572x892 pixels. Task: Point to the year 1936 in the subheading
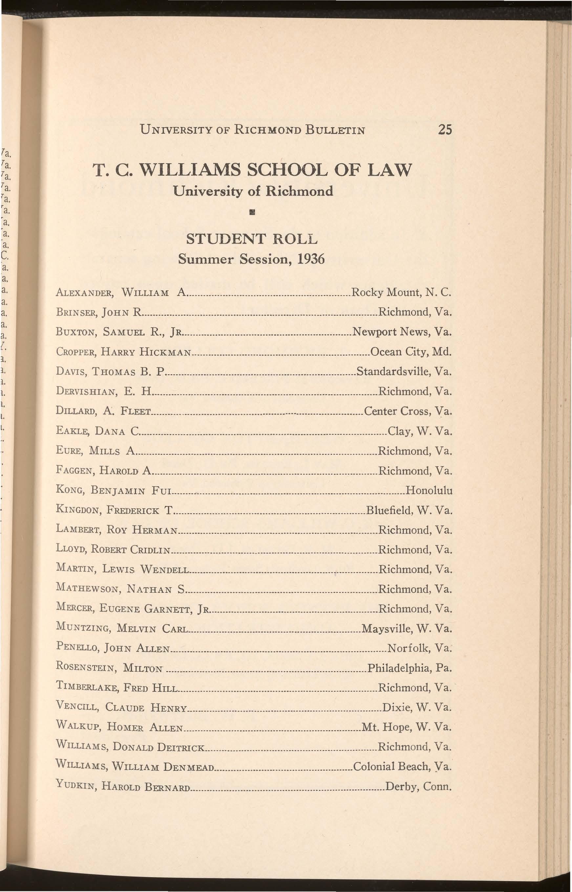(x=310, y=258)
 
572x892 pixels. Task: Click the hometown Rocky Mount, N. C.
(x=401, y=293)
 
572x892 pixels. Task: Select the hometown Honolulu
(x=429, y=490)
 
